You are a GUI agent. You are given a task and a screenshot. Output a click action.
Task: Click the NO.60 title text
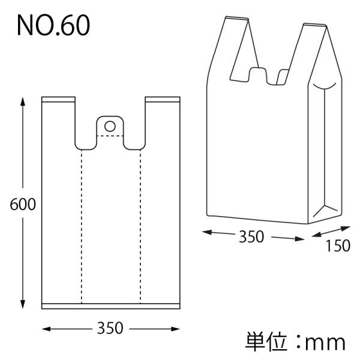pyautogui.click(x=53, y=25)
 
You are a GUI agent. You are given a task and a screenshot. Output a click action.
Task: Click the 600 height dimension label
pyautogui.click(x=23, y=204)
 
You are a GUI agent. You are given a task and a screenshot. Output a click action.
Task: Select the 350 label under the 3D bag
pyautogui.click(x=251, y=237)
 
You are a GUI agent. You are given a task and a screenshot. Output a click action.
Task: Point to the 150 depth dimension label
pyautogui.click(x=338, y=245)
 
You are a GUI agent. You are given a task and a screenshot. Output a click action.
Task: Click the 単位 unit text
pyautogui.click(x=266, y=341)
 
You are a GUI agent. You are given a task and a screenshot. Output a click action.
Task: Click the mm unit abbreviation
pyautogui.click(x=325, y=343)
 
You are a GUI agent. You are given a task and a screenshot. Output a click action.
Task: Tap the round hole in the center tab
pyautogui.click(x=110, y=126)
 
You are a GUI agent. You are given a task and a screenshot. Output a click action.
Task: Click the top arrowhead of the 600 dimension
pyautogui.click(x=23, y=101)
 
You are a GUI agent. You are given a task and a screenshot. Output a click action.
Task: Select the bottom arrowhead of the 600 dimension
pyautogui.click(x=23, y=304)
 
